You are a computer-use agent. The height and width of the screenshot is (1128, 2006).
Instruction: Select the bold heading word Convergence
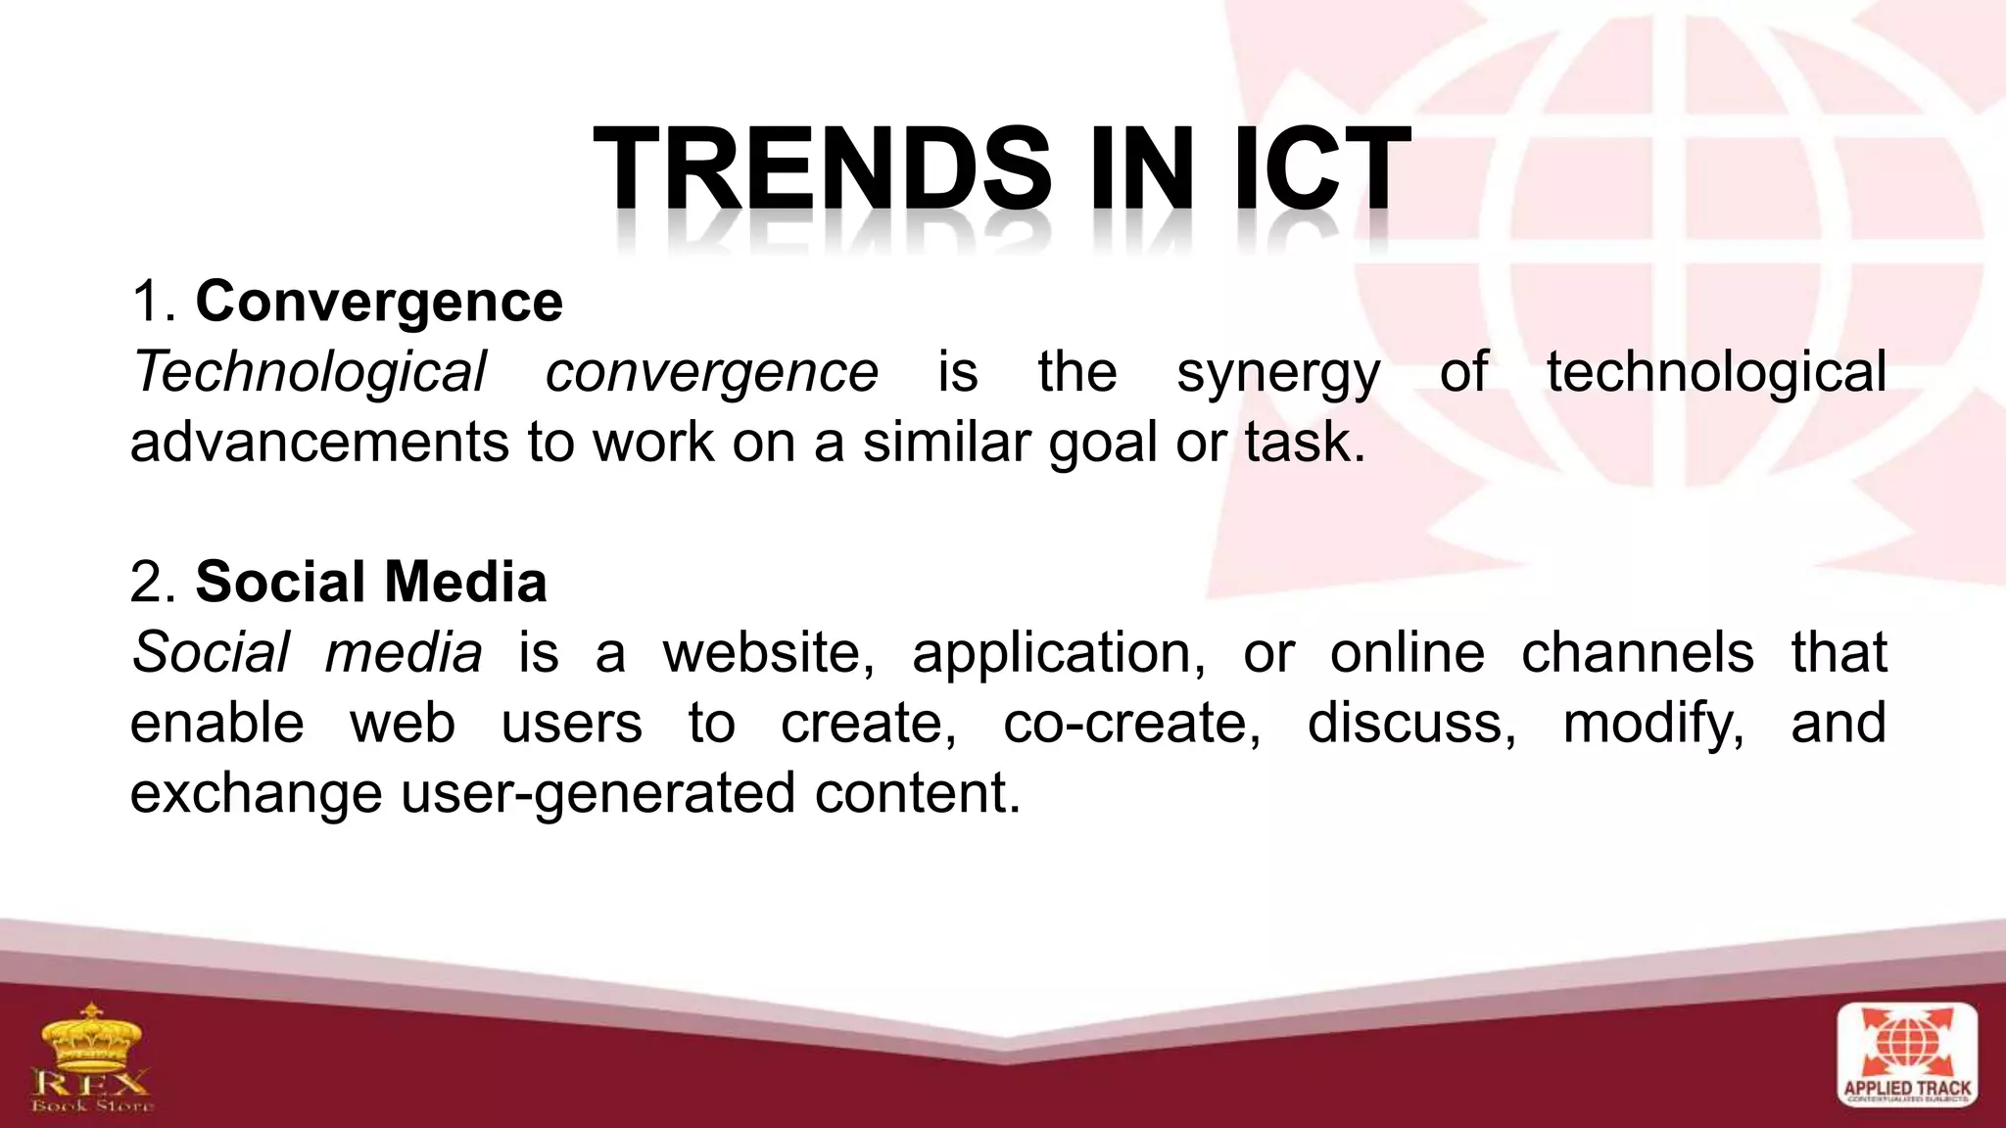click(x=379, y=301)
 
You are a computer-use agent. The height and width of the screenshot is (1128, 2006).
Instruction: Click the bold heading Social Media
click(x=370, y=582)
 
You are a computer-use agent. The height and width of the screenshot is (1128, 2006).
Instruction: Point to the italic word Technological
click(x=309, y=372)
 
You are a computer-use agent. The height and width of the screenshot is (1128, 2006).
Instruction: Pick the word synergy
click(x=1277, y=374)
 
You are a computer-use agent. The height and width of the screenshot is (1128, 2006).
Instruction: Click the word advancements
click(x=319, y=443)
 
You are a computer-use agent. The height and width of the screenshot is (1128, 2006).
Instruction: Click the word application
click(x=1058, y=654)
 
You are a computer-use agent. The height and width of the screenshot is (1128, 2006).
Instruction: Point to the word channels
click(x=1637, y=652)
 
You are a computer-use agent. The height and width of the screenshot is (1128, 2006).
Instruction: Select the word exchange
click(x=256, y=794)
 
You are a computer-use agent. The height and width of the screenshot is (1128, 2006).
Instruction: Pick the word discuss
click(x=1410, y=723)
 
